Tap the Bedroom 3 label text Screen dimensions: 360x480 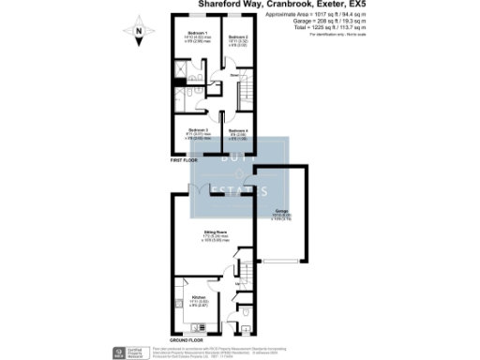(196, 129)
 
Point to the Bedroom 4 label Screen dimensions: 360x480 (237, 130)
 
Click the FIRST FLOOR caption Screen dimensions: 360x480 (184, 161)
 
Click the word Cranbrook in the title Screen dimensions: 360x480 (273, 5)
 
